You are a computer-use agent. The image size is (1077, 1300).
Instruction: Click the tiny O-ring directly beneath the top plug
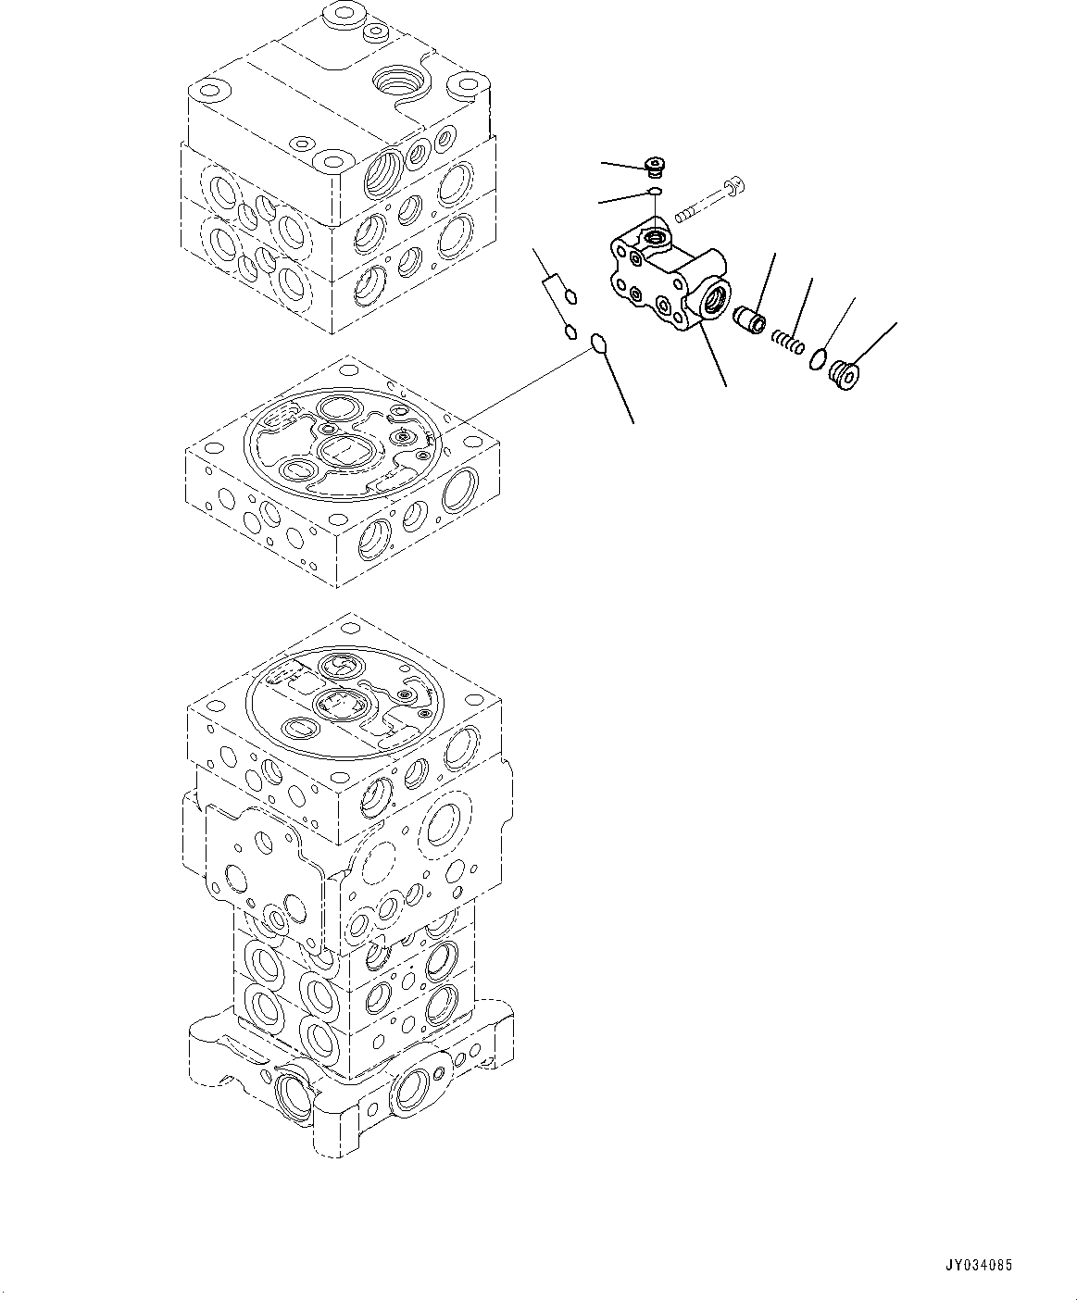coord(655,191)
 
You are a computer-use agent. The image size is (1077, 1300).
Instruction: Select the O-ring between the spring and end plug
coord(817,358)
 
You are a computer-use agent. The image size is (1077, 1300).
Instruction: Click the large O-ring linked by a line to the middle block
coord(599,345)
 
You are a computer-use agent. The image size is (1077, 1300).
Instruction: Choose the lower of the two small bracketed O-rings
coord(570,331)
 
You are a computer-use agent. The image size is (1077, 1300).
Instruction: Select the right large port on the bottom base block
coord(409,1091)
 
